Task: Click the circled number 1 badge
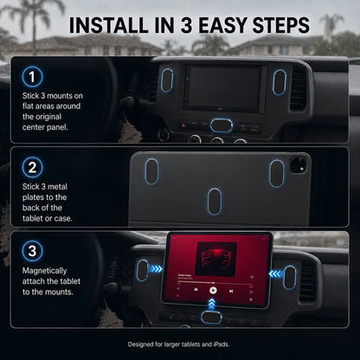click(32, 77)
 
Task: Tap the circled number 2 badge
click(32, 167)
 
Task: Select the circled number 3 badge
click(32, 251)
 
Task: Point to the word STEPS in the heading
click(280, 25)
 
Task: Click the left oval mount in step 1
click(167, 80)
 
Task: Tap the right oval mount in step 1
click(280, 82)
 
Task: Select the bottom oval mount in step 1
click(222, 125)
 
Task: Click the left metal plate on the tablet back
click(151, 171)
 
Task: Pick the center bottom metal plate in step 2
click(215, 202)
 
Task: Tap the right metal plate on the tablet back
click(277, 173)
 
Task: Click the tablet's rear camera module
click(299, 164)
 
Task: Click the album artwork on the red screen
click(216, 259)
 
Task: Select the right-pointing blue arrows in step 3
click(156, 269)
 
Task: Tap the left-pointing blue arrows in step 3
click(276, 273)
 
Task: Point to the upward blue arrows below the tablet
click(212, 305)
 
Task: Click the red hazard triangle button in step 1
click(183, 125)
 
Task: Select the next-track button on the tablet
click(231, 292)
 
